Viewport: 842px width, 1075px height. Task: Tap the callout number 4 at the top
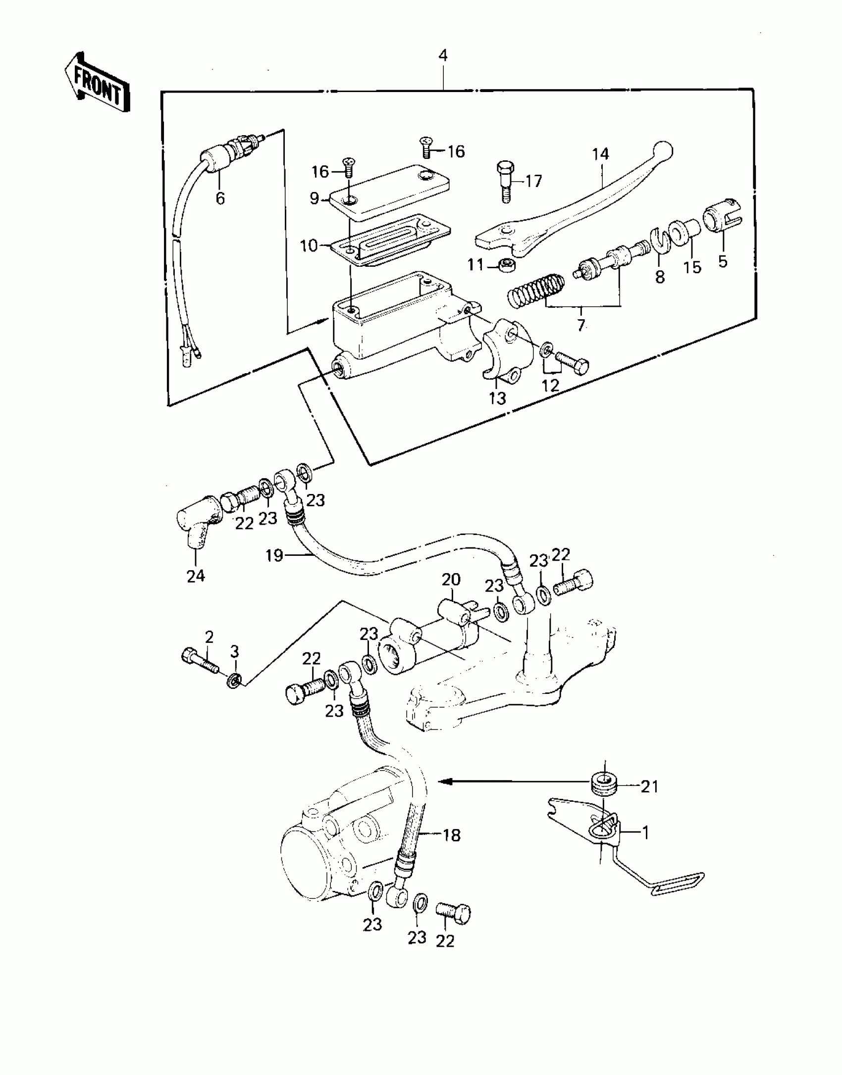[x=443, y=55]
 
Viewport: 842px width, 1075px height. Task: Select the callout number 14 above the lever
[x=600, y=154]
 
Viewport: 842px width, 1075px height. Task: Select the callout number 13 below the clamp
[x=497, y=398]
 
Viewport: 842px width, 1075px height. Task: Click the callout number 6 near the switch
[x=220, y=198]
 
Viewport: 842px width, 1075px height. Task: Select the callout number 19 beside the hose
[x=274, y=555]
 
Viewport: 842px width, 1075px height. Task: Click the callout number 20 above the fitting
[x=451, y=579]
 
